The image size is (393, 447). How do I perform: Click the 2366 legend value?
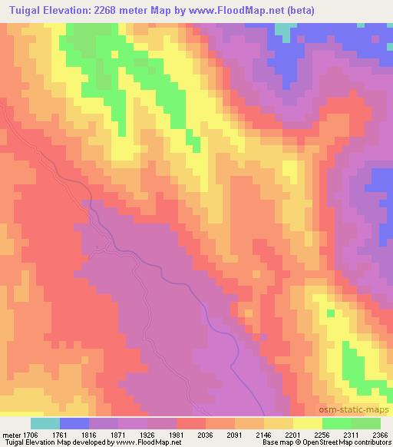(x=379, y=434)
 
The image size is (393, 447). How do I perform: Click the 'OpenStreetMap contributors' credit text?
(x=346, y=443)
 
